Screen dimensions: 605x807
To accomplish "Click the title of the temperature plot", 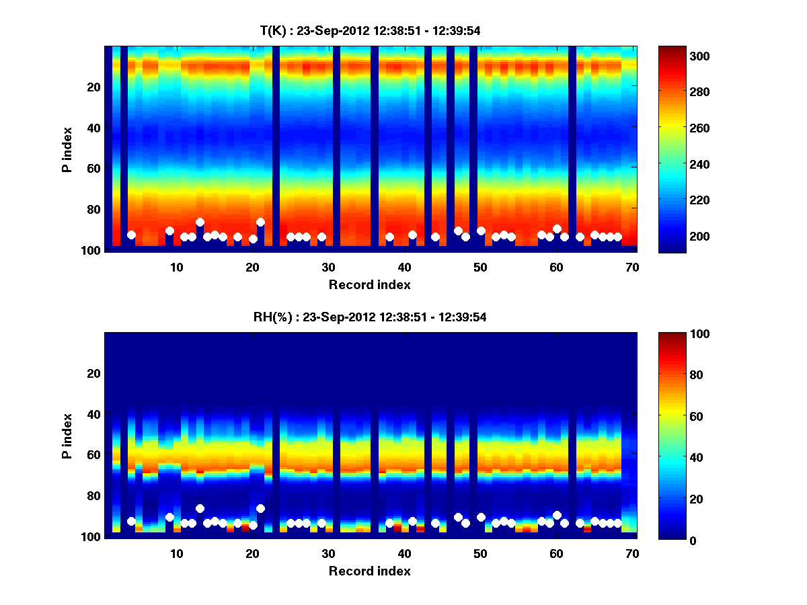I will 370,30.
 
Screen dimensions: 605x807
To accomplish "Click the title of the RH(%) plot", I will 370,317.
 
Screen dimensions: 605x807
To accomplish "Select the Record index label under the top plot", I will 370,284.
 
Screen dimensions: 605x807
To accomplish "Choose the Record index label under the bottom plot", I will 370,571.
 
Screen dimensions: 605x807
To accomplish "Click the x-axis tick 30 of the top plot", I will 328,267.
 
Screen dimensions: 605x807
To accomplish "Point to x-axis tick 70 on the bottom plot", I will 632,554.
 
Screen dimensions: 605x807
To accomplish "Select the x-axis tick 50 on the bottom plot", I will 480,554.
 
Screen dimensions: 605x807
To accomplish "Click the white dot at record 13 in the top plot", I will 200,222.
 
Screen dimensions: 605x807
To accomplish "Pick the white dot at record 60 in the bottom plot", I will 557,516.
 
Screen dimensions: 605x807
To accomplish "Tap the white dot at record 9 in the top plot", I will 169,231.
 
